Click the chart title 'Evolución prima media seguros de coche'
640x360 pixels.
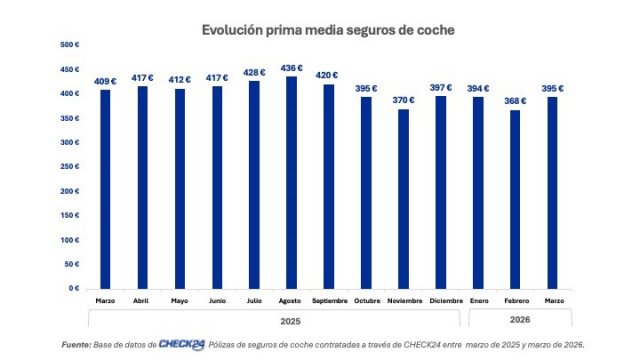pos(328,30)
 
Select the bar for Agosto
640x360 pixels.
pos(291,182)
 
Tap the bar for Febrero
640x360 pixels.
pos(516,199)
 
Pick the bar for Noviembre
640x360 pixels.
pos(403,199)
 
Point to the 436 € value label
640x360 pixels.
pos(291,67)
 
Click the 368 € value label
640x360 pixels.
pos(516,100)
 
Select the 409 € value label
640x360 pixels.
pos(104,80)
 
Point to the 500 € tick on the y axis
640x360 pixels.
pos(70,45)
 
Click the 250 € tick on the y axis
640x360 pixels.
pos(70,167)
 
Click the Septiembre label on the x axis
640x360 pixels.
pos(329,300)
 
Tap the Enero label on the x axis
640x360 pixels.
pos(479,300)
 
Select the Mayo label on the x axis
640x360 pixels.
pos(179,300)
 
